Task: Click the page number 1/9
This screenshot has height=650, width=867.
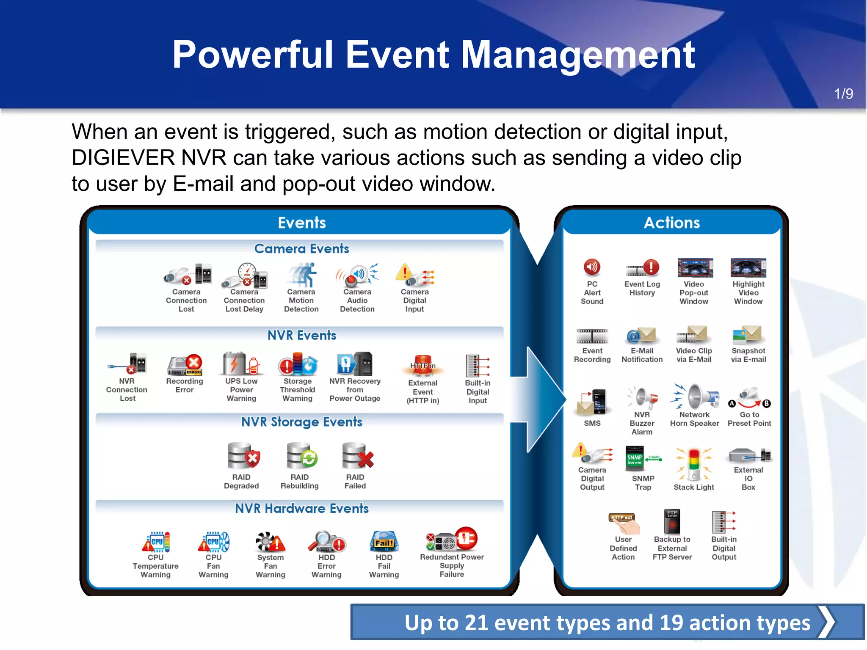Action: pos(843,94)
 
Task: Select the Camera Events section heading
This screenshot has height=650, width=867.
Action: pos(301,248)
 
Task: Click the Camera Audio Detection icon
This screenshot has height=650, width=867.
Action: pos(357,275)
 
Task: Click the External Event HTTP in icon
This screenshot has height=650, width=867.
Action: pos(422,365)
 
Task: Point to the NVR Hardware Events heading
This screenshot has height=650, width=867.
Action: pos(301,508)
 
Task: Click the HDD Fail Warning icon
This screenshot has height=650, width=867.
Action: pos(384,542)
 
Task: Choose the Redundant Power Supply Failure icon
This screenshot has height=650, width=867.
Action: pos(452,540)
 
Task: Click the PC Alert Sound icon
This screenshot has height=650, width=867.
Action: pos(592,267)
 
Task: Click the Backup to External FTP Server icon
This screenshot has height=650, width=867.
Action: pos(672,521)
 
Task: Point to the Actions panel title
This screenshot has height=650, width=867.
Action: pos(671,223)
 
